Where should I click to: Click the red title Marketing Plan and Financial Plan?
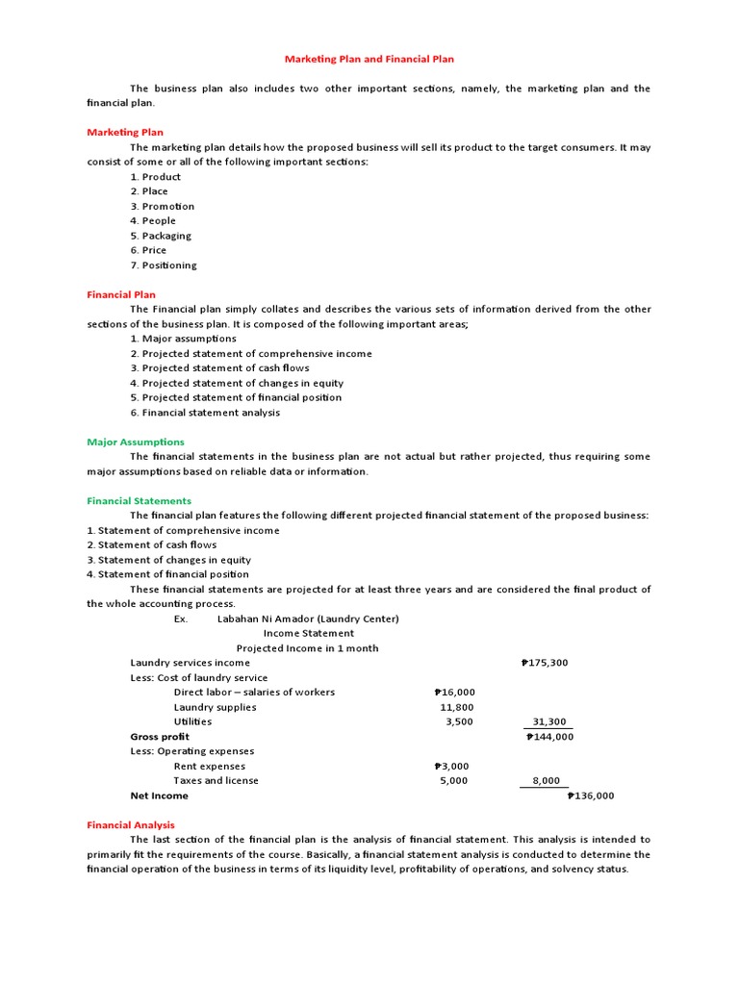coord(369,59)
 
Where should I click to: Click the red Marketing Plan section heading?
coord(125,132)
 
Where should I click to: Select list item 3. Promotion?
coord(162,206)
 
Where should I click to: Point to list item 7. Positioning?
coord(163,265)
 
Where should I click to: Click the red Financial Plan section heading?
coord(121,294)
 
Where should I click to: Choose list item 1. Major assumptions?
coord(183,339)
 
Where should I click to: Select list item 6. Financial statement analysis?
coord(205,413)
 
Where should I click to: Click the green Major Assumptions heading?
coord(136,442)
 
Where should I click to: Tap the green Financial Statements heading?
coord(140,500)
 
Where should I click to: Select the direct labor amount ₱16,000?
coord(454,692)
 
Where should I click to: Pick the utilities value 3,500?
coord(459,721)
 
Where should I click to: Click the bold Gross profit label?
coord(160,737)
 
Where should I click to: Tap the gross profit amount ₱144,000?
coord(549,737)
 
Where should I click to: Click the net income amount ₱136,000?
coord(590,796)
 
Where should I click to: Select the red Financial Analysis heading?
coord(131,824)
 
